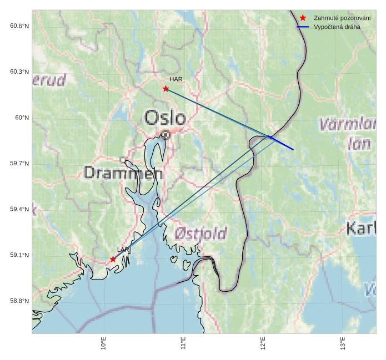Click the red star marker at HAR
(166, 89)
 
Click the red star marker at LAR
(113, 259)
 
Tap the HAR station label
(176, 80)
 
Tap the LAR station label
(123, 250)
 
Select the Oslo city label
(165, 118)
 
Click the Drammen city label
(123, 173)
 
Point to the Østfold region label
(200, 232)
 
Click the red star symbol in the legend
(303, 18)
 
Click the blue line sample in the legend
(303, 27)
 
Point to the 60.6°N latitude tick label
(19, 26)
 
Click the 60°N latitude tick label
(22, 118)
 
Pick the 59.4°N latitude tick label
(19, 209)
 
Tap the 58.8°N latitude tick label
(19, 301)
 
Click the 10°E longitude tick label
(104, 344)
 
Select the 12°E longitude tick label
(263, 344)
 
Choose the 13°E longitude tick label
(342, 344)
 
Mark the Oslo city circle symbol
(166, 134)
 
